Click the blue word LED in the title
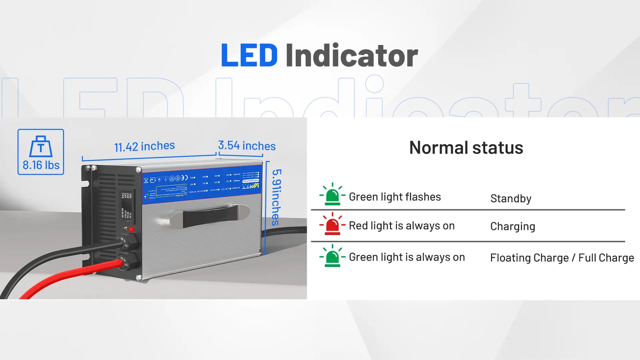249,55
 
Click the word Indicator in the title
351,55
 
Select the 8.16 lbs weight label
41,165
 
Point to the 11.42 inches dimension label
144,146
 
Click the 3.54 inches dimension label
247,146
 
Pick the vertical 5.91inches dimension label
276,197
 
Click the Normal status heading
466,148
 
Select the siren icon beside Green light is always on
332,256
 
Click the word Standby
511,199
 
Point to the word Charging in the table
512,227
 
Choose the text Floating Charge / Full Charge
562,258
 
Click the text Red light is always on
401,226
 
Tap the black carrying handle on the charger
210,217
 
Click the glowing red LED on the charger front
132,229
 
